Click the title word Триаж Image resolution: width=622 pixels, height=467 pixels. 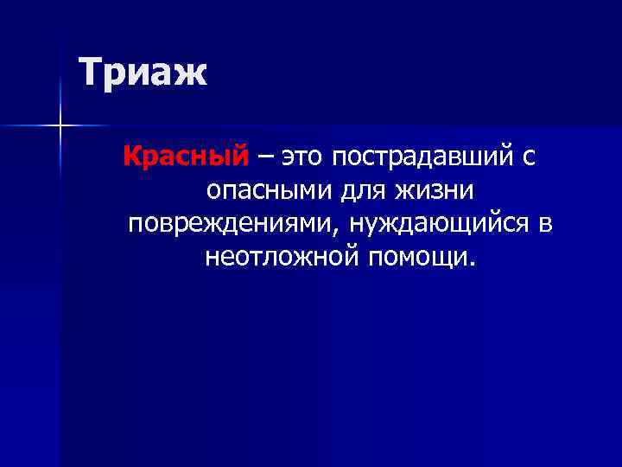[x=143, y=72]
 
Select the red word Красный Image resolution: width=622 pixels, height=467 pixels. [x=186, y=157]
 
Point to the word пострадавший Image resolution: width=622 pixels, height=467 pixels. [x=423, y=157]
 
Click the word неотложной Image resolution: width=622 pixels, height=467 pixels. [x=283, y=256]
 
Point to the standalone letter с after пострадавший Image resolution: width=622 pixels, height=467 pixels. [x=529, y=157]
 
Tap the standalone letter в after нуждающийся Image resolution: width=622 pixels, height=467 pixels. [x=544, y=223]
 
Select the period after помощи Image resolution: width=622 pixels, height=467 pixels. [x=472, y=262]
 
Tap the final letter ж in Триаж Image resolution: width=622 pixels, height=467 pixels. [x=192, y=74]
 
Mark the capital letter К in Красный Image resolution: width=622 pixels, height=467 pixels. [x=132, y=157]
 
